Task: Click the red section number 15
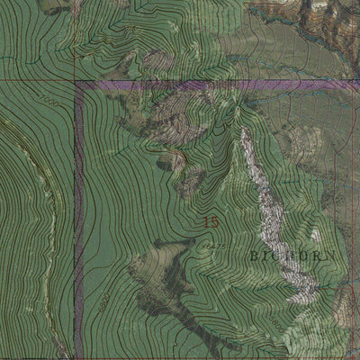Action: pyautogui.click(x=211, y=222)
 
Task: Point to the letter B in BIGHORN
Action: pyautogui.click(x=254, y=256)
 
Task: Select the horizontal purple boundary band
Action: pyautogui.click(x=216, y=85)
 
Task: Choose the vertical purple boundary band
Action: pyautogui.click(x=79, y=225)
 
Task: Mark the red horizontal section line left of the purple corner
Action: pyautogui.click(x=36, y=81)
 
